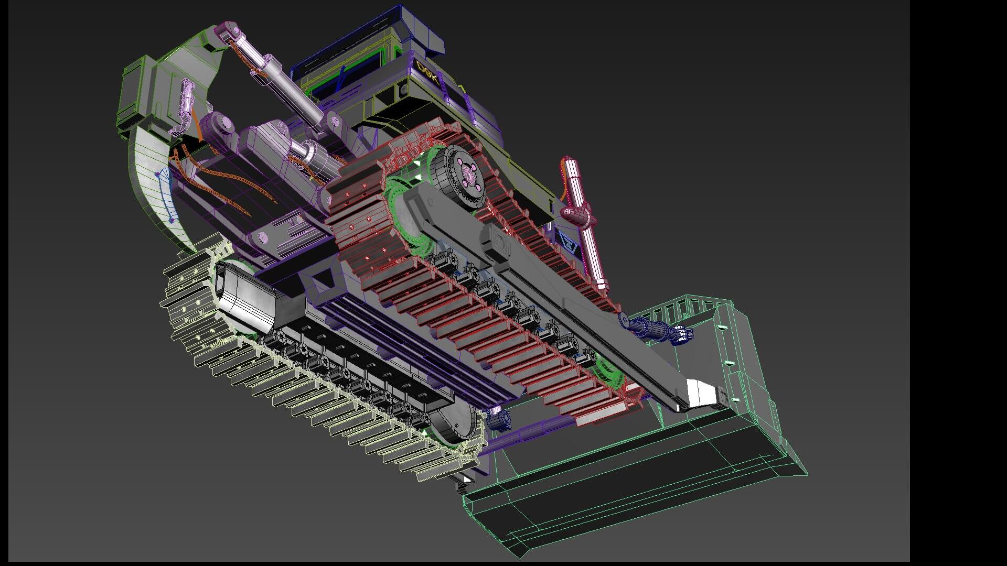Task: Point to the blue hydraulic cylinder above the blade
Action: pos(653,330)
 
